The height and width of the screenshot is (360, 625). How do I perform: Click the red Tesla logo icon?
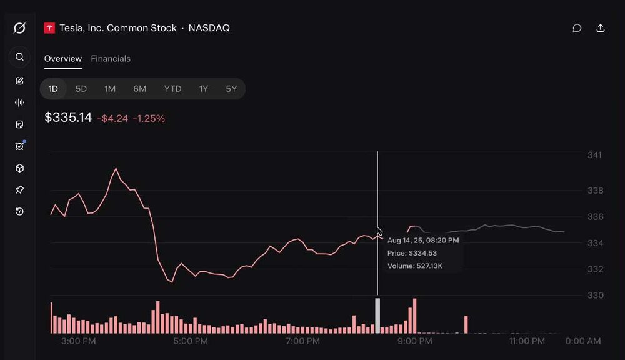[49, 28]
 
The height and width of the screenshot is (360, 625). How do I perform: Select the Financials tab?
[111, 59]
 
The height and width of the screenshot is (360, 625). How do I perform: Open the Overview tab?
[63, 59]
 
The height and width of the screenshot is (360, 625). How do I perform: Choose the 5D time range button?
[81, 89]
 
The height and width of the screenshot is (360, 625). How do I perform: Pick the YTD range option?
[172, 89]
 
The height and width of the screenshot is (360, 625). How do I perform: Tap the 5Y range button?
[231, 89]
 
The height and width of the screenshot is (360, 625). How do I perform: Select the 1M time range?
[110, 89]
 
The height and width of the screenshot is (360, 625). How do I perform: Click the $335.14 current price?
[68, 117]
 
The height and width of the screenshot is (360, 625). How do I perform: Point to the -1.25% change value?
[149, 118]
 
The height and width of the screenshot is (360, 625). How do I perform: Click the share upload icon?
[600, 28]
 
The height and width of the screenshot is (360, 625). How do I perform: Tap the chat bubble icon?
[577, 28]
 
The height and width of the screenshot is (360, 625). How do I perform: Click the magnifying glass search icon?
[19, 57]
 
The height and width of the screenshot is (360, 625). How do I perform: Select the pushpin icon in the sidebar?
[19, 190]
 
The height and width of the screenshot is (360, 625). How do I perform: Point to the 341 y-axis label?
[595, 154]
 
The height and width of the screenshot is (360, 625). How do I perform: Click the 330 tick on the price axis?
[595, 296]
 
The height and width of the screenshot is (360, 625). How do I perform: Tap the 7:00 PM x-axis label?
[302, 341]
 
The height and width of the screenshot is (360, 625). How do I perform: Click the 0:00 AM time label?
[583, 341]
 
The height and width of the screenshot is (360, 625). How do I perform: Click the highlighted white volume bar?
[377, 316]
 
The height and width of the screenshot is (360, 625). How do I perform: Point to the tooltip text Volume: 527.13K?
[415, 266]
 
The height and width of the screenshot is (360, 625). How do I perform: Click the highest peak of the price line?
[116, 168]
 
